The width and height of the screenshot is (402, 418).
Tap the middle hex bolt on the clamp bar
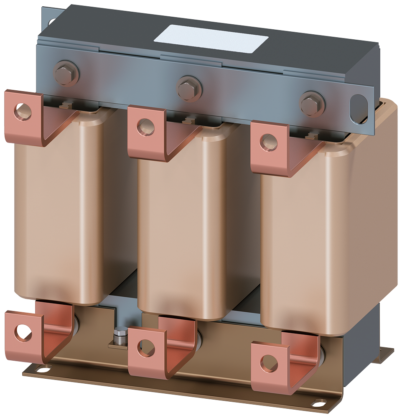(189, 88)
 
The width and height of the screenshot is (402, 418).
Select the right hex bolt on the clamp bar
(311, 104)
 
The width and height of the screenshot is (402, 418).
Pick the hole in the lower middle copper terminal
(145, 349)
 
